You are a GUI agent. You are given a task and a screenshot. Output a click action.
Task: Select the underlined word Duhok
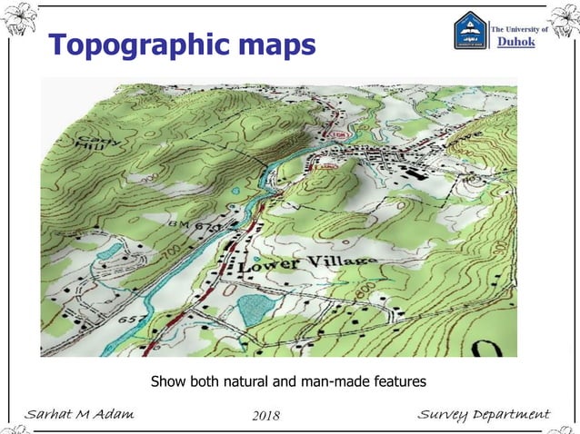[520, 44]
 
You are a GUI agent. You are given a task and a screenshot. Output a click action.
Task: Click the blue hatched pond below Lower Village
[256, 310]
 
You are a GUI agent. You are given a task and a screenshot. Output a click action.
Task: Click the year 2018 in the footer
[265, 416]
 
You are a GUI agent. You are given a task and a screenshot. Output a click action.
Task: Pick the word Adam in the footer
[112, 415]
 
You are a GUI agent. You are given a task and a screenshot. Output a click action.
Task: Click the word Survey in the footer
[442, 415]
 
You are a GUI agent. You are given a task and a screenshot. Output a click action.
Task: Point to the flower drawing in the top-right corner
[563, 20]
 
